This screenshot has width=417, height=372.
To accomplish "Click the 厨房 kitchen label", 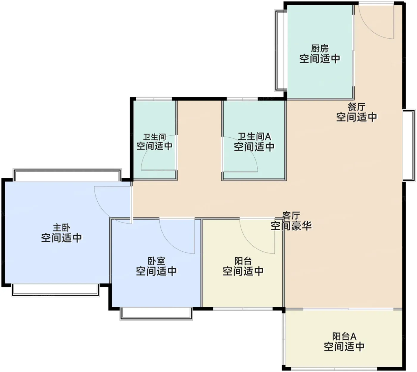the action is tap(320, 49).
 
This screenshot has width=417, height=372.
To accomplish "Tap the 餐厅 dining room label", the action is tap(357, 107).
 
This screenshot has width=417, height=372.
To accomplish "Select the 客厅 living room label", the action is tap(291, 216).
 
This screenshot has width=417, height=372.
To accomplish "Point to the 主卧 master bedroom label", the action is tap(62, 228).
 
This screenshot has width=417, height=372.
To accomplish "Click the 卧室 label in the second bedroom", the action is tap(156, 261).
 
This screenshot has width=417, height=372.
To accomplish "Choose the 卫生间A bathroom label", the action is tap(254, 136).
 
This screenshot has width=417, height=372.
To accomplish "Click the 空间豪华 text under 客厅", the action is tap(291, 226).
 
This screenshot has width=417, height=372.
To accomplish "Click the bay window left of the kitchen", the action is tap(281, 51).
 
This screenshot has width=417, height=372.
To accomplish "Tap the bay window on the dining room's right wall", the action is tap(409, 146).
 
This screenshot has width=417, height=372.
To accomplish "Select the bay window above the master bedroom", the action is tap(67, 175).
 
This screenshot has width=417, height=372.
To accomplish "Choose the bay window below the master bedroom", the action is tap(55, 290).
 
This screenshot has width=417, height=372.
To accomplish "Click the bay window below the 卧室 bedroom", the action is tap(156, 314).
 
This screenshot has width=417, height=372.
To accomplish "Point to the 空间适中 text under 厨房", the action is tap(320, 59).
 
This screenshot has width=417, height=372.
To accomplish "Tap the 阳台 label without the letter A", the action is tap(243, 261).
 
